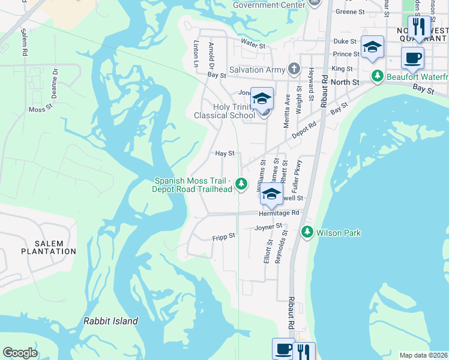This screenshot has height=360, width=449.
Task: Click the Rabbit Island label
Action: pyautogui.click(x=111, y=321)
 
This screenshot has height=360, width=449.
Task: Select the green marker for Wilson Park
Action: pyautogui.click(x=307, y=232)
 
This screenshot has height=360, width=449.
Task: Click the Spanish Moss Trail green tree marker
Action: pyautogui.click(x=241, y=184)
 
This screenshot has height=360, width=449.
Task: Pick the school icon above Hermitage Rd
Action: pyautogui.click(x=271, y=193)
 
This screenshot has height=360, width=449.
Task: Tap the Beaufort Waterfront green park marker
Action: pyautogui.click(x=378, y=76)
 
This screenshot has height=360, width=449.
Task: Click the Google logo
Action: pyautogui.click(x=20, y=353)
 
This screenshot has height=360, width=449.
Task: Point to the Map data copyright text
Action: pyautogui.click(x=423, y=355)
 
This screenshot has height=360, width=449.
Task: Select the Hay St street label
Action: pyautogui.click(x=224, y=154)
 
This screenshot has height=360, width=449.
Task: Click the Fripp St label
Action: pyautogui.click(x=223, y=237)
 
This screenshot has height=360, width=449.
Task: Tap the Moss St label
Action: pyautogui.click(x=41, y=109)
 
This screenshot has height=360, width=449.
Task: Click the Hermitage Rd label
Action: pyautogui.click(x=279, y=213)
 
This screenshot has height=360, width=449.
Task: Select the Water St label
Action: pyautogui.click(x=253, y=43)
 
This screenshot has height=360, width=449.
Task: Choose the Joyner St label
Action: pyautogui.click(x=268, y=227)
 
